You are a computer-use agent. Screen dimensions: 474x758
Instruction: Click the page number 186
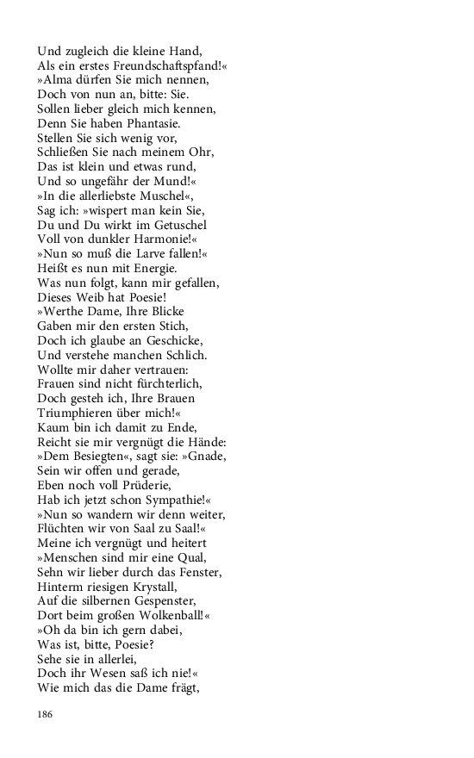tap(46, 714)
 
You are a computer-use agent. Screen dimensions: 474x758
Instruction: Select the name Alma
tap(58, 80)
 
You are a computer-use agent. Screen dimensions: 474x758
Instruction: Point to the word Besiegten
tap(95, 457)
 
